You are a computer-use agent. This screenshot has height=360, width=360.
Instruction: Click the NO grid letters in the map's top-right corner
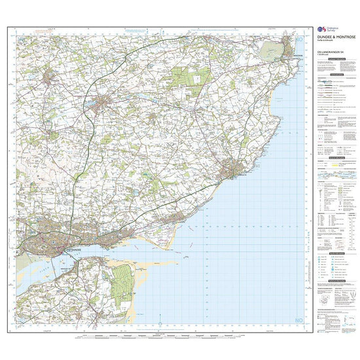[300, 41]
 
